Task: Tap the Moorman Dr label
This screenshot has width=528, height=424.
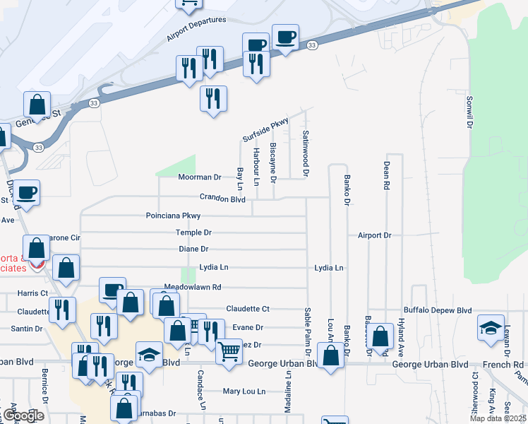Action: coord(200,177)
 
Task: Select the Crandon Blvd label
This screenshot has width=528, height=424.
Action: coord(222,199)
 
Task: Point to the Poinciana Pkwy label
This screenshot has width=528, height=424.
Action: coord(173,216)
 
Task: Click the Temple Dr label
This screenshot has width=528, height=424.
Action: coord(194,232)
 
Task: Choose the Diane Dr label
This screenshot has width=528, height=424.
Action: coord(193,249)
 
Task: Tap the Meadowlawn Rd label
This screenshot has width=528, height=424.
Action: coord(193,287)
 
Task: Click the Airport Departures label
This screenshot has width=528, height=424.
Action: coord(196,29)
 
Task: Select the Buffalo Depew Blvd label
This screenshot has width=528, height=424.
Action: coord(438,310)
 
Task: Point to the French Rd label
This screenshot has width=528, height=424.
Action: coord(508,365)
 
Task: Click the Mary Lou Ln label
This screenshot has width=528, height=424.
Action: coord(244,391)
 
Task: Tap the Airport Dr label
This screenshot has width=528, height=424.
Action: coord(374,235)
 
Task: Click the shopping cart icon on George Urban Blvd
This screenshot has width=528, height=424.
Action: coord(229,351)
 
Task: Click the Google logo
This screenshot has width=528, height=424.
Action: coord(23,416)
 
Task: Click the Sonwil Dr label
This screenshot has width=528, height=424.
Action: coord(468,112)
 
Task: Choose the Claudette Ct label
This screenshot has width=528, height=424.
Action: coord(248,309)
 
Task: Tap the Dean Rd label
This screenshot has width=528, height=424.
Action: coord(387,176)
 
